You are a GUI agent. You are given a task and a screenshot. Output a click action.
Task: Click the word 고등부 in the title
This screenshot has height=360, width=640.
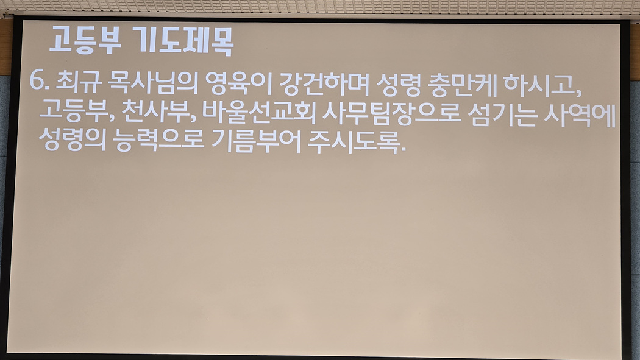point(85,40)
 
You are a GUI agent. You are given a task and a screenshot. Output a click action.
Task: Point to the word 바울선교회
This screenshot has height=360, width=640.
point(259,112)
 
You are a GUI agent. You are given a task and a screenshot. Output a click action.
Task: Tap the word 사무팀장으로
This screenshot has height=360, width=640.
point(392,113)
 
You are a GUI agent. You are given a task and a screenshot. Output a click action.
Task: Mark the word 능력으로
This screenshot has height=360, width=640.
point(158,141)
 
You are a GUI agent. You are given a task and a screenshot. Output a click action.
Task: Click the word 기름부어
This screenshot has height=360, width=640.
point(257,141)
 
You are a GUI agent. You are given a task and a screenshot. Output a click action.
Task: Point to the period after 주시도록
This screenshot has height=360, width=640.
point(404,150)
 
